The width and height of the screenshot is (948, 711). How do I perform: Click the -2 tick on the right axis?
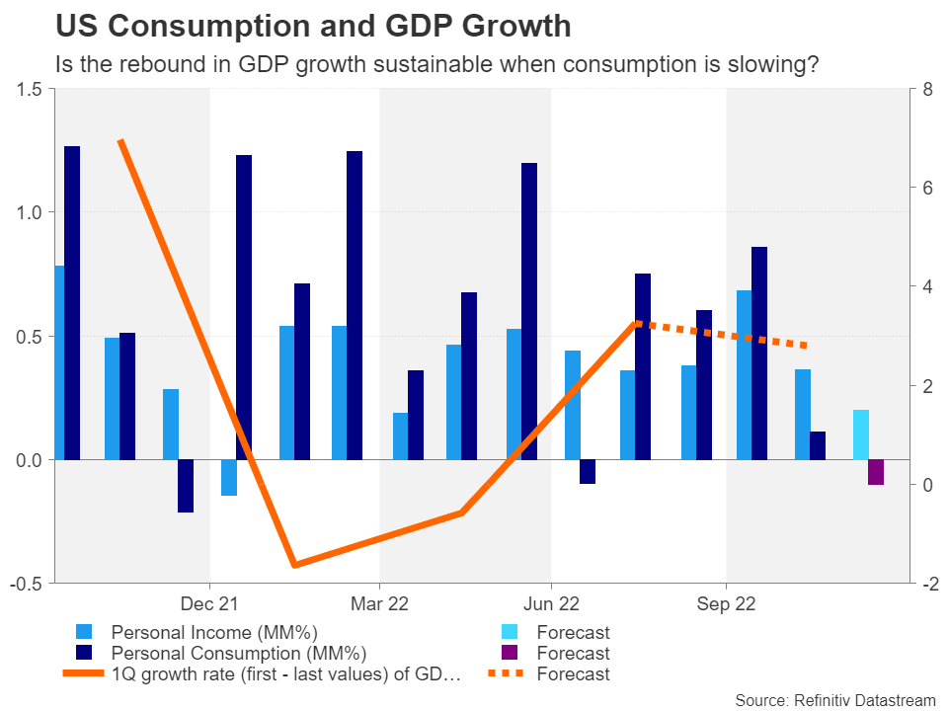927,584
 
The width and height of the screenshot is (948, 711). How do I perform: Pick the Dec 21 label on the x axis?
210,603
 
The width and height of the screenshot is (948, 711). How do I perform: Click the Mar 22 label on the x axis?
380,603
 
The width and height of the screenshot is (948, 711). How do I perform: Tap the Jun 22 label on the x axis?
551,603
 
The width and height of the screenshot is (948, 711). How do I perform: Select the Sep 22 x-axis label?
726,603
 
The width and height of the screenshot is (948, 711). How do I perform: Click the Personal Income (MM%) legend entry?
214,632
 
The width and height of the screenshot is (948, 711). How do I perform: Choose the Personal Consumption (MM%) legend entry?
238,653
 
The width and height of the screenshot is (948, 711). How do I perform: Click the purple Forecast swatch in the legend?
510,653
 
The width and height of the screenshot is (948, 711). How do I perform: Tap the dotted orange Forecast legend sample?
510,674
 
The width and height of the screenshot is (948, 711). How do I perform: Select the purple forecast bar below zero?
876,472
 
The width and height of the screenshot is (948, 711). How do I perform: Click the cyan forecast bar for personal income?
861,434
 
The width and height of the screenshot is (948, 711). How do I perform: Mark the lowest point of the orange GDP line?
294,566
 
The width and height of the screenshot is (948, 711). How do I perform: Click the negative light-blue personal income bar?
229,478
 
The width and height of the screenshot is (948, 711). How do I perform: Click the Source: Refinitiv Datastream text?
834,699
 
